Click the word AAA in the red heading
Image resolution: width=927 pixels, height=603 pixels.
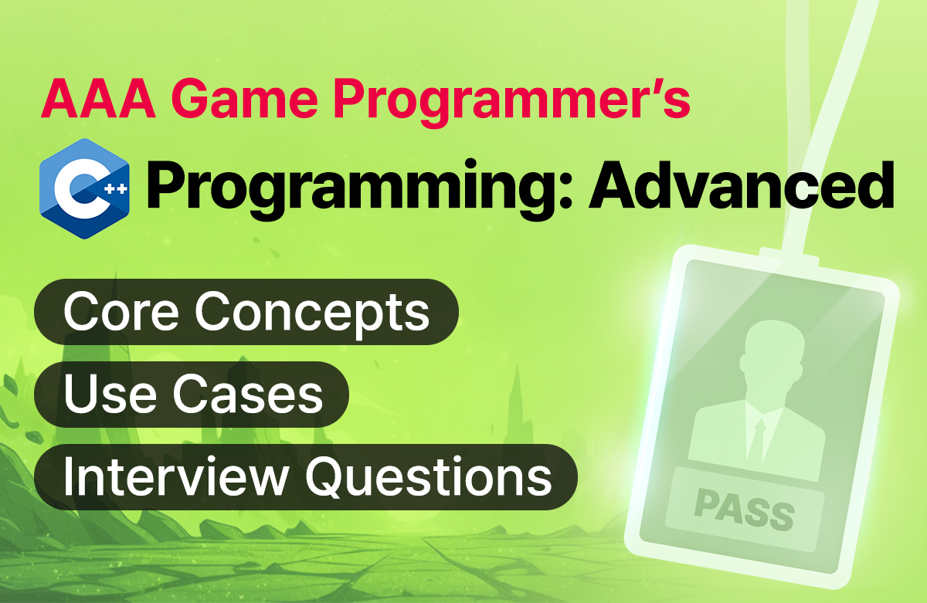pos(99,100)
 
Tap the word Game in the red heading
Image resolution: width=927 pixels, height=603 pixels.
pos(245,100)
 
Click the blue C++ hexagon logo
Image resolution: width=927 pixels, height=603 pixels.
pos(84,188)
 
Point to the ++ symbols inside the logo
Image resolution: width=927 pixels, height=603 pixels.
pos(115,189)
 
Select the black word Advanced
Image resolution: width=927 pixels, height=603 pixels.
pos(742,185)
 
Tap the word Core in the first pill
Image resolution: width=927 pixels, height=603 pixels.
pos(121,311)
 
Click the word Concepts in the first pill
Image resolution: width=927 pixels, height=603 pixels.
pos(312,315)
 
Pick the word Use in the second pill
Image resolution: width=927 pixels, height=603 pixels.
pos(110,393)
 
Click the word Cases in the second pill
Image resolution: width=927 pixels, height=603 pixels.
pos(247,393)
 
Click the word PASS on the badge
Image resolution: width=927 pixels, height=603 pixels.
pos(744,510)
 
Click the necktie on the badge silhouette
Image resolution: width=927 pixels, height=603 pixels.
pos(757,439)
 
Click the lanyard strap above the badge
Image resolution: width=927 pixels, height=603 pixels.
pos(840,124)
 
